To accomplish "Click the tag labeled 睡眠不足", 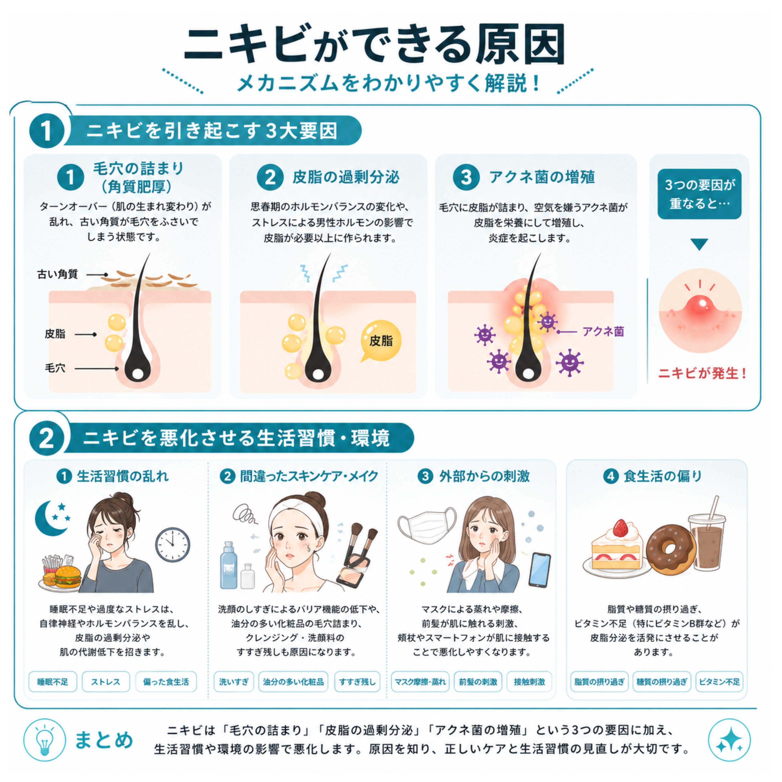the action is click(x=53, y=682).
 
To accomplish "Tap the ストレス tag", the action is click(x=106, y=682).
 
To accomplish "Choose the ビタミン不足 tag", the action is click(x=719, y=682).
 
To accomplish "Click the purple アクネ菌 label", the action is click(x=603, y=332).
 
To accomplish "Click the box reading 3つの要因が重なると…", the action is click(x=700, y=194).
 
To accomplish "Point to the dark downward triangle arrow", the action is click(x=699, y=244).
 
